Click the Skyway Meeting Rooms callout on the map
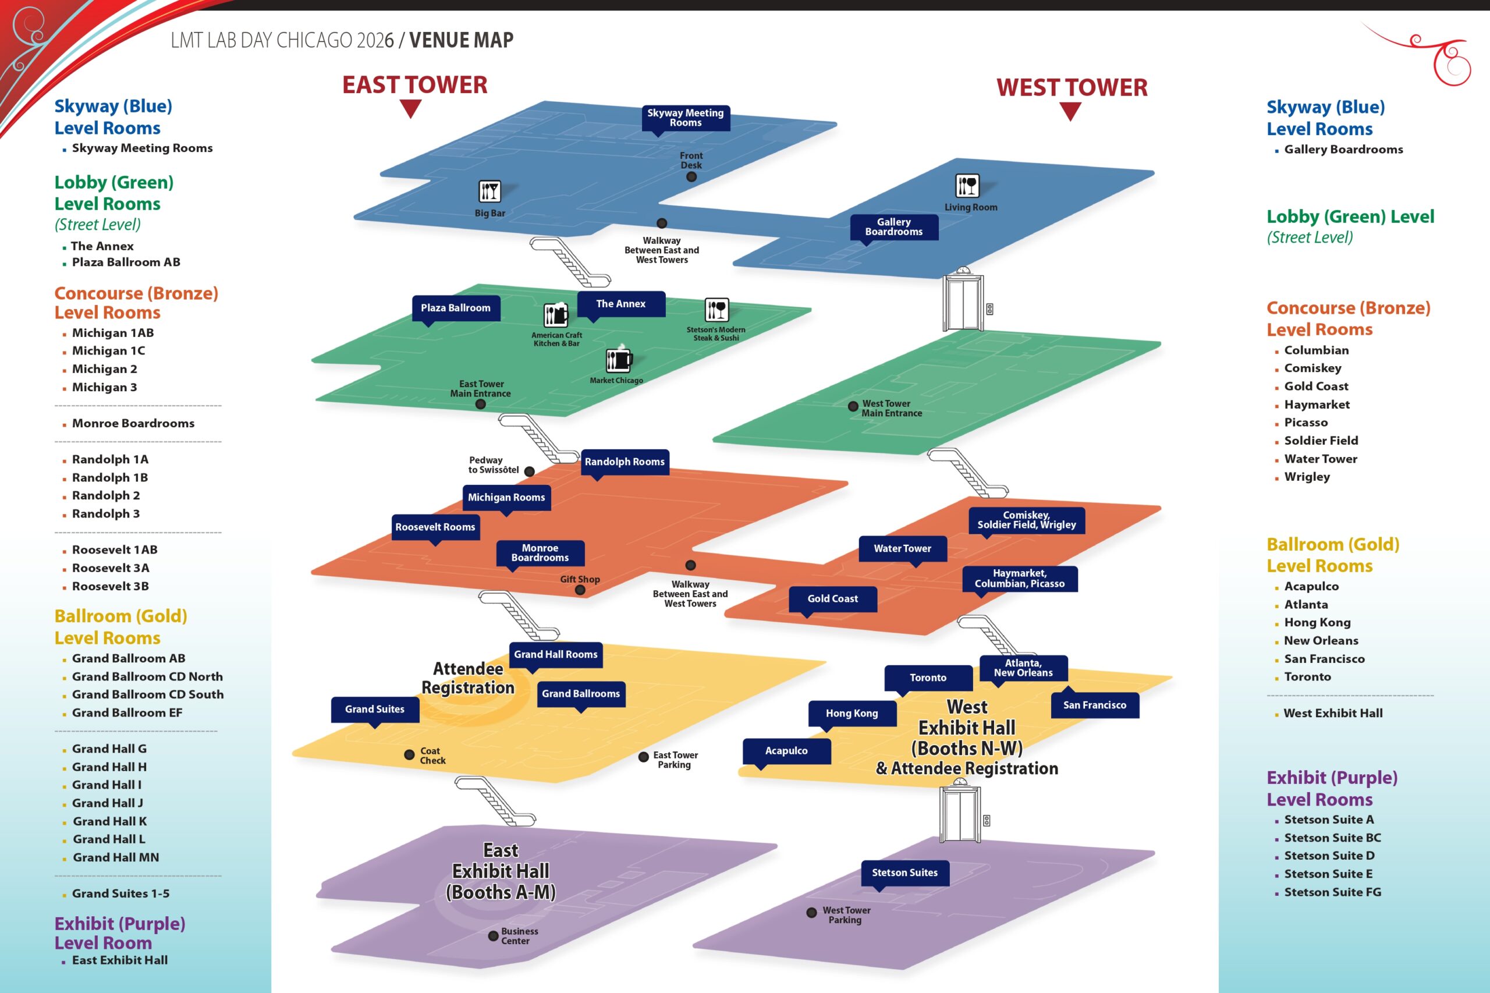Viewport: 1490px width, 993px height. [x=685, y=118]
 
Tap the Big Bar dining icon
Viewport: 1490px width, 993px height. [x=489, y=190]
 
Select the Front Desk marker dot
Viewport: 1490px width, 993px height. [x=691, y=177]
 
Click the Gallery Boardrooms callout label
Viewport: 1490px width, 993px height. [x=893, y=227]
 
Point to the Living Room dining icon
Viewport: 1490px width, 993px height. [x=967, y=186]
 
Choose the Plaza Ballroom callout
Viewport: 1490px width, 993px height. [x=455, y=308]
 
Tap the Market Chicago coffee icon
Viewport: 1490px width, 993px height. [x=618, y=360]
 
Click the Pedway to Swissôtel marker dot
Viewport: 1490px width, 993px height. [x=530, y=471]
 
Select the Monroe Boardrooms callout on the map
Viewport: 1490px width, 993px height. [x=540, y=553]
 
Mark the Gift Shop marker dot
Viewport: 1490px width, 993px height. [x=579, y=590]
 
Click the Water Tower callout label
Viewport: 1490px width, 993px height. [x=902, y=548]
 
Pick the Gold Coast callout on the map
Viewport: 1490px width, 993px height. [x=832, y=598]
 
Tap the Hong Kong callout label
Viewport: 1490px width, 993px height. [x=852, y=713]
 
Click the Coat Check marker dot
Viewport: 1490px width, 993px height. [x=409, y=755]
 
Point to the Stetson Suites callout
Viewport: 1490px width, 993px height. [x=904, y=873]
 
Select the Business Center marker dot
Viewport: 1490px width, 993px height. [x=492, y=936]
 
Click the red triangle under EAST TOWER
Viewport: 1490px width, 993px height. [x=410, y=109]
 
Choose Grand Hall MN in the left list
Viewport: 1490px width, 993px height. [x=116, y=857]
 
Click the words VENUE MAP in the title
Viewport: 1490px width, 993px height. [x=461, y=41]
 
